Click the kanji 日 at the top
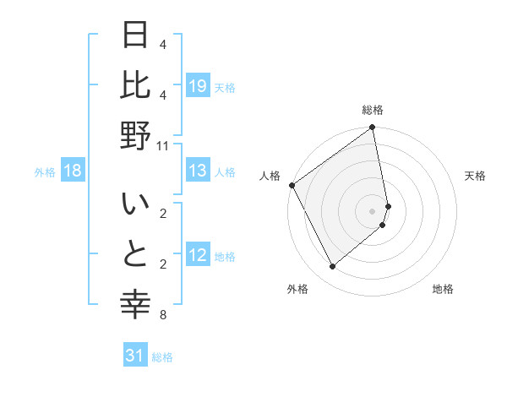pos(135,37)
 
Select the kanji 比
pos(135,85)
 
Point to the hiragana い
pos(135,205)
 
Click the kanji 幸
pos(135,304)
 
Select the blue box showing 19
pos(198,86)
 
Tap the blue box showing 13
pos(198,171)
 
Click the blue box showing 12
pos(198,256)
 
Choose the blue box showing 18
pos(73,171)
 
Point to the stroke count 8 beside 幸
pos(162,316)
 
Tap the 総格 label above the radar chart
pos(373,110)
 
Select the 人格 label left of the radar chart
pos(270,176)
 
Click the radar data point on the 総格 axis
pos(372,128)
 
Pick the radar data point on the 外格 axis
pos(332,266)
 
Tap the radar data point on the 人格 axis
pos(292,185)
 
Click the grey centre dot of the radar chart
pos(372,210)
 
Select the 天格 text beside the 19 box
pos(225,87)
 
